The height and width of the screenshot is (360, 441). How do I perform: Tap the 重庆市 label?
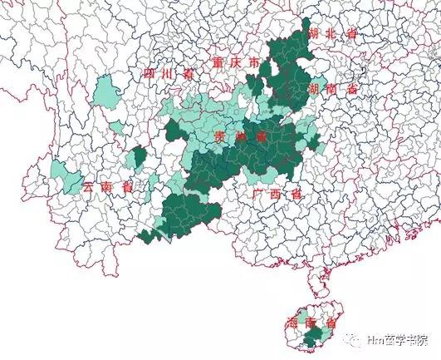point(235,64)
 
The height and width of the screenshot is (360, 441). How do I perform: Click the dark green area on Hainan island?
point(312,337)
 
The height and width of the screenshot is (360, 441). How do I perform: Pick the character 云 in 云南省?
point(89,187)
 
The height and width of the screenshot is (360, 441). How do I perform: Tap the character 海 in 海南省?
point(291,322)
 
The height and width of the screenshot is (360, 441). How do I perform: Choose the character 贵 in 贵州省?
point(218,136)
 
